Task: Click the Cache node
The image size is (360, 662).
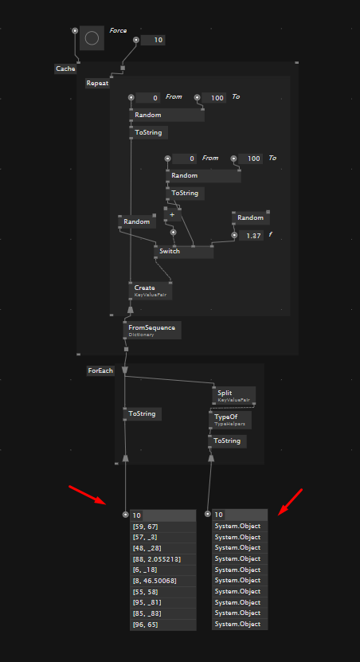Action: (65, 69)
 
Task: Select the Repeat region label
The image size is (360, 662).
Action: (97, 83)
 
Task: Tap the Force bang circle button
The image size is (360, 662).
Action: (92, 38)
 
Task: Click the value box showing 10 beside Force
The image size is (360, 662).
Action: (152, 40)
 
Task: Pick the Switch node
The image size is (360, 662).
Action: (184, 252)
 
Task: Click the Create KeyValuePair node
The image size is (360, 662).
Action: (151, 291)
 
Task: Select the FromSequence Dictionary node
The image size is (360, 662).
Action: (152, 330)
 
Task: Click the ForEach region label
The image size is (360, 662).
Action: (100, 370)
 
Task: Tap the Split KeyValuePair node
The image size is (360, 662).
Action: (234, 396)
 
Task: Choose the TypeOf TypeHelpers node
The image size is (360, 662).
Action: (230, 420)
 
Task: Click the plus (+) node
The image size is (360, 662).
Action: (172, 215)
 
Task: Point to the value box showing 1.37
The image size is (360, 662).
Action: (251, 236)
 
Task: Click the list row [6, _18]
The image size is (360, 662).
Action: (163, 570)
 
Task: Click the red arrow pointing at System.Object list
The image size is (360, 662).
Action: (291, 502)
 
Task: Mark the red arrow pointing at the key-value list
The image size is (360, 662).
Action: (88, 495)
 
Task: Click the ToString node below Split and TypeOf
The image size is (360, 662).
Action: (227, 441)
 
